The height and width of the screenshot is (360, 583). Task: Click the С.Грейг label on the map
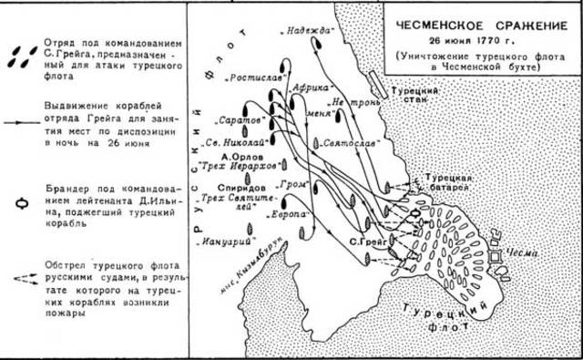coord(369,242)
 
